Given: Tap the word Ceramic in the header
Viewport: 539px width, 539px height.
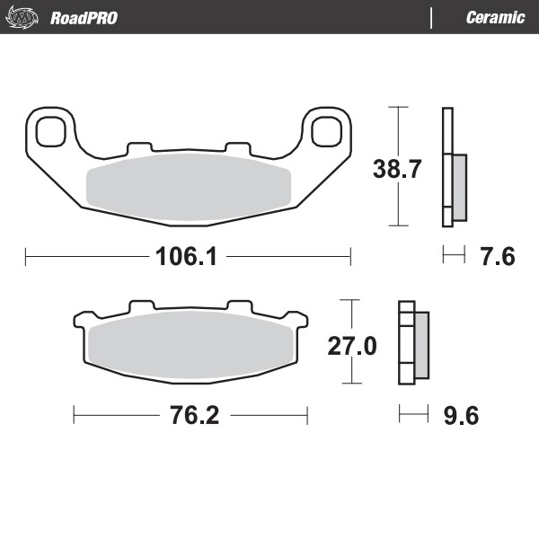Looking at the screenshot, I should pos(495,17).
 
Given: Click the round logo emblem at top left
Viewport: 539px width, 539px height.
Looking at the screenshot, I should pos(23,17).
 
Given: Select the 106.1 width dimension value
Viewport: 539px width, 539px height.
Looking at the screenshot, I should pos(188,258).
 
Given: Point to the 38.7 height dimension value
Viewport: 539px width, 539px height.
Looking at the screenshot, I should pos(397,167).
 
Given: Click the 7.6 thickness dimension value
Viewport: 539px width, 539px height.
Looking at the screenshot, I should pos(497,258).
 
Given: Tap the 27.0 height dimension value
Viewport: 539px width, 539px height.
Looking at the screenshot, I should pos(351,346).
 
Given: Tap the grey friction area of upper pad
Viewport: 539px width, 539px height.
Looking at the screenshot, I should pos(189,184).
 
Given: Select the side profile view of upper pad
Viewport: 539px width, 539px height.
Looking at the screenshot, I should pos(453,167).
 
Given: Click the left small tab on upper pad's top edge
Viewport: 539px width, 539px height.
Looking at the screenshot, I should pos(140,146).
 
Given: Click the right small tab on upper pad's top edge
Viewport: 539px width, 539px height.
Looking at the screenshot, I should pos(236,146).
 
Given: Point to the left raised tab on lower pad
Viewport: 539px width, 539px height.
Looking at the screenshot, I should pos(140,306).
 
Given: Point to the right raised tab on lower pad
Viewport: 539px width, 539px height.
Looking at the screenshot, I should pos(239,306).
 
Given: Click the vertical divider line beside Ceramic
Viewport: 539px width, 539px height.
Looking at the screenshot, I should pos(432,17).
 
